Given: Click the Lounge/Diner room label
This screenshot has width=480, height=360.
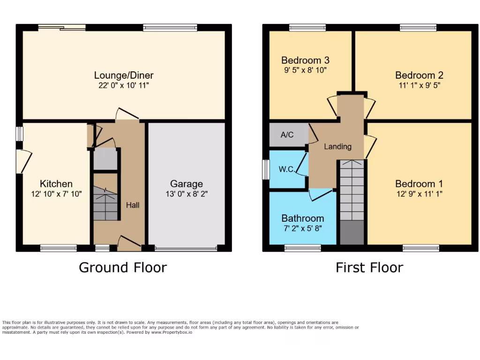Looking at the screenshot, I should tap(124, 75).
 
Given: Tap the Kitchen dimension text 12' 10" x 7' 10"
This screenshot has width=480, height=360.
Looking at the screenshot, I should tap(56, 194).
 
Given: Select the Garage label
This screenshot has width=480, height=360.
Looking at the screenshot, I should tap(187, 184).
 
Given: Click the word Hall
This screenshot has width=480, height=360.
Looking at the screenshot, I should tap(132, 205).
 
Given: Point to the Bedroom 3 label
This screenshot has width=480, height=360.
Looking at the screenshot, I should tap(305, 60).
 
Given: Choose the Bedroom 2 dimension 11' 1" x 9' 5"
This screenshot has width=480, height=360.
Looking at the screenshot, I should tap(419, 85).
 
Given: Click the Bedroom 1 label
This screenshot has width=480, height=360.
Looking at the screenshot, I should tap(419, 184).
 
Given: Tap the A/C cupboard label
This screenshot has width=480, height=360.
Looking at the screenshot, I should tap(287, 135).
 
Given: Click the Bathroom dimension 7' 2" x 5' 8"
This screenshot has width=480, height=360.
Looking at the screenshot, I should tap(302, 228).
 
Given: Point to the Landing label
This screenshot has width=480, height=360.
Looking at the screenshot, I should tap(337, 147).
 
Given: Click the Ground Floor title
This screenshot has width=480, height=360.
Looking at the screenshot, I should tap(123, 267).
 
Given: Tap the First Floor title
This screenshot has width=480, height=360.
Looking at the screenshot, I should tap(369, 267).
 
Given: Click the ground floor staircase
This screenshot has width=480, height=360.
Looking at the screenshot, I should tap(105, 202).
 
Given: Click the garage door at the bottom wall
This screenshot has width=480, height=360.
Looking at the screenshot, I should tap(186, 248).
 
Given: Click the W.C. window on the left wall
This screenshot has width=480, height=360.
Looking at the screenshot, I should tap(266, 170).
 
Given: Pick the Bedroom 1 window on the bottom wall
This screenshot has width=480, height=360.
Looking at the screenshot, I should tap(420, 248).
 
